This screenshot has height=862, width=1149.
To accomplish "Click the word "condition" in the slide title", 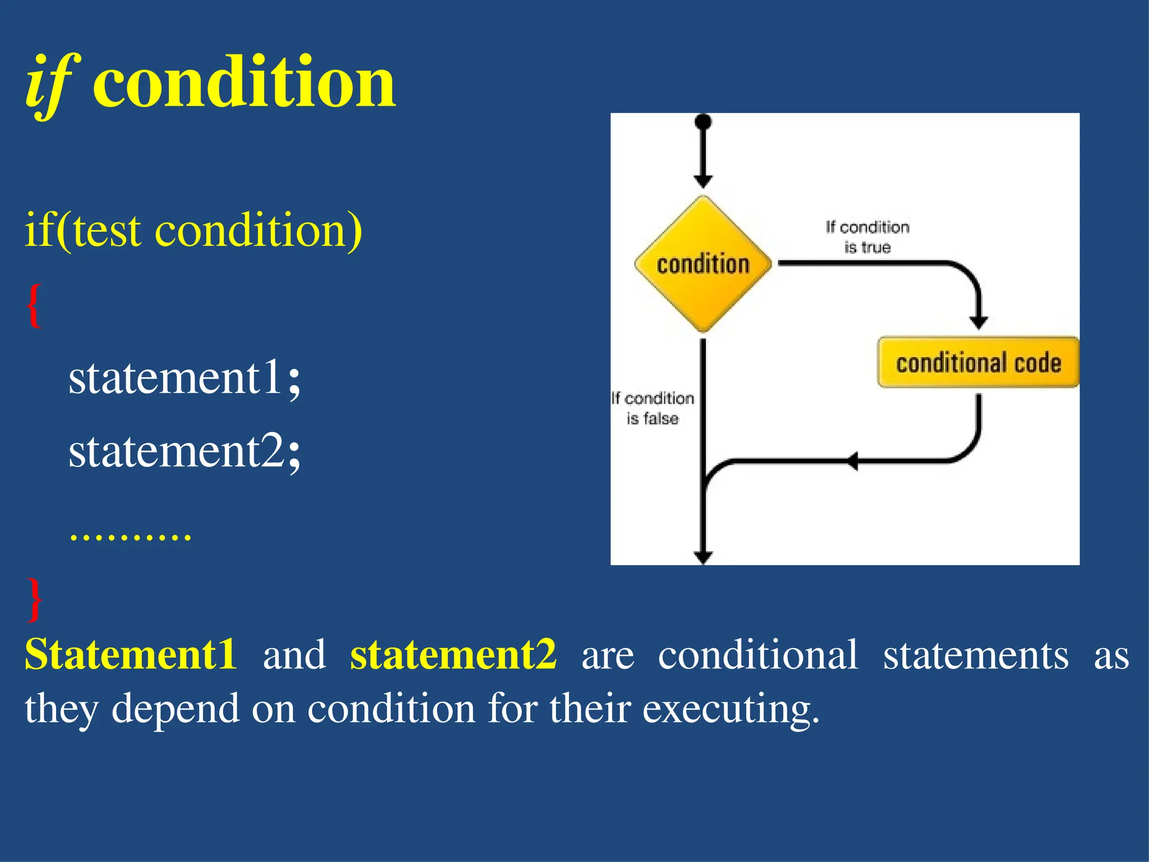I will click(244, 83).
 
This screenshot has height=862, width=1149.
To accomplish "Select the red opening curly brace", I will click(34, 305).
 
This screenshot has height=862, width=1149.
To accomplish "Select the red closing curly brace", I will click(34, 599).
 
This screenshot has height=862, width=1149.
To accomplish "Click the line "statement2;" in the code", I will click(185, 451).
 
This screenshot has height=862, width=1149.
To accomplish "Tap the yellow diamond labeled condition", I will click(702, 264).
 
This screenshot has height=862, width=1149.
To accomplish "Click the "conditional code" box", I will click(978, 363).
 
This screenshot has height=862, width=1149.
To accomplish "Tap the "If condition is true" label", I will click(867, 237).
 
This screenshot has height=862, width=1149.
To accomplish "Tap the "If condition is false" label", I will click(652, 408).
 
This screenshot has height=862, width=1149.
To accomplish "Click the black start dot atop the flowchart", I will click(703, 122).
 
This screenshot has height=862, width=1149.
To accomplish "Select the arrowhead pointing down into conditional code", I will click(978, 322).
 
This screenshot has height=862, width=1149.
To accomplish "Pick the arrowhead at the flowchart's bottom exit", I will click(703, 557).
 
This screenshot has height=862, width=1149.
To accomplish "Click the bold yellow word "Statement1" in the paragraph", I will click(130, 654).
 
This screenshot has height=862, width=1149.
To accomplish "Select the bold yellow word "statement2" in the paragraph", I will click(453, 654).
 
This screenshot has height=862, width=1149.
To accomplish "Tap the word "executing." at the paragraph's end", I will click(730, 709).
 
